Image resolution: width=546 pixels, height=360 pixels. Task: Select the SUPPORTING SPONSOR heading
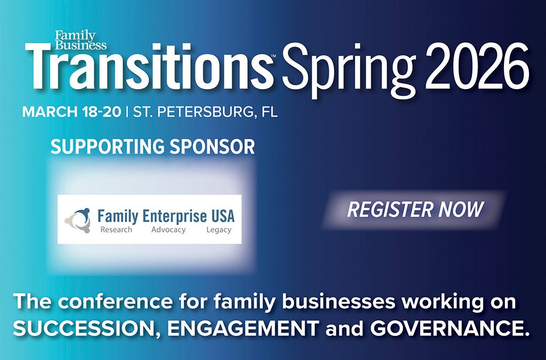point(152,147)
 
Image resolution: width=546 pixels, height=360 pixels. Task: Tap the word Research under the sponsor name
point(116,230)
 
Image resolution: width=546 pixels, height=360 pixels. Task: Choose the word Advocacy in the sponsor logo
point(168,230)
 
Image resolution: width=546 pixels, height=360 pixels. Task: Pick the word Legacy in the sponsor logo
point(219,230)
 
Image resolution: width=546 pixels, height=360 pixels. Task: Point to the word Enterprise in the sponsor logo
point(174,217)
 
